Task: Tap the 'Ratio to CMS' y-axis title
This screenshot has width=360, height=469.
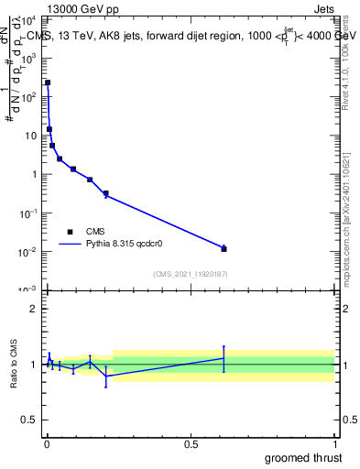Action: click(x=14, y=364)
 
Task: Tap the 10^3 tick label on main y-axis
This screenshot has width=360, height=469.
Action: click(x=27, y=57)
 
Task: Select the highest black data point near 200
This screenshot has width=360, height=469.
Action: click(x=48, y=82)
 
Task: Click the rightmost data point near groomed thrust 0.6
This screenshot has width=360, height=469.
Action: click(x=224, y=248)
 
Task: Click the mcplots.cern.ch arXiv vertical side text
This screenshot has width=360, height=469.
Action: click(x=345, y=211)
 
